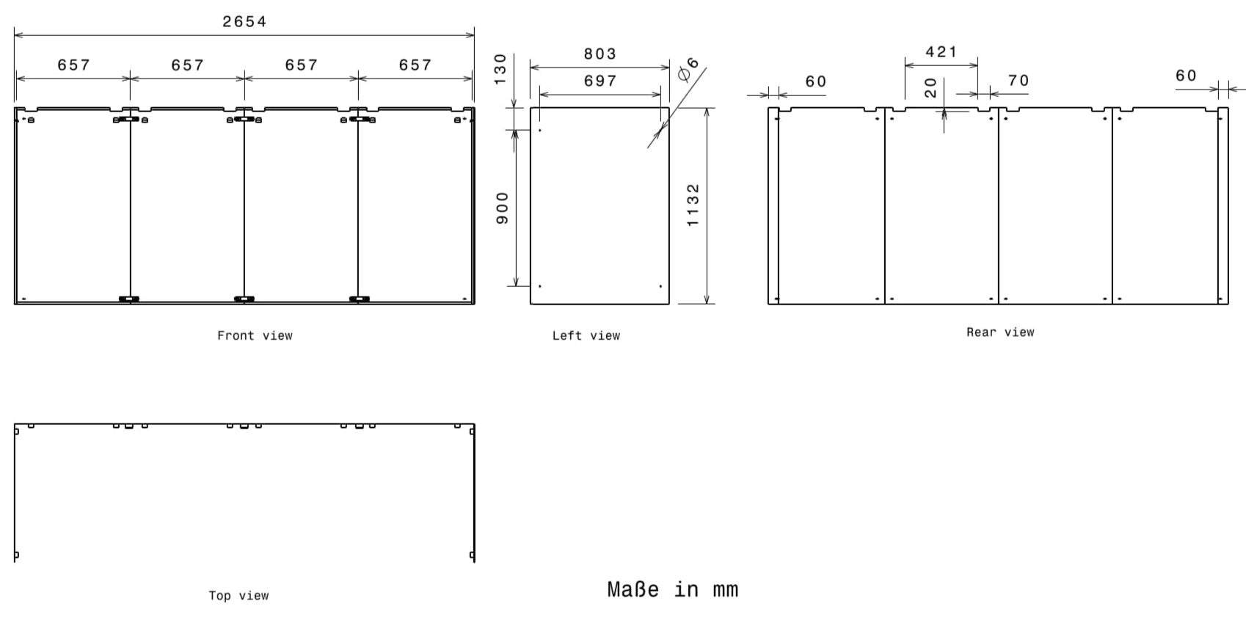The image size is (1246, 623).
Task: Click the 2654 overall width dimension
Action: (x=244, y=22)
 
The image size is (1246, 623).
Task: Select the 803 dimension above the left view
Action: (x=600, y=54)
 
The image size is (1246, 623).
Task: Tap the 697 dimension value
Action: (x=600, y=81)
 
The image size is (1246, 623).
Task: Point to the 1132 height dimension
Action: (x=693, y=205)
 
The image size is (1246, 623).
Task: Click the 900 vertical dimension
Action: (x=502, y=208)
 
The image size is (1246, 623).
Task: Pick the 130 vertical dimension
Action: (x=500, y=69)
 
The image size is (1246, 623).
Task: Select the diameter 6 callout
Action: (x=688, y=69)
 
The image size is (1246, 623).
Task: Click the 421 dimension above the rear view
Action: (x=941, y=51)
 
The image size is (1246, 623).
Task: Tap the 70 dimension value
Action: (x=1019, y=81)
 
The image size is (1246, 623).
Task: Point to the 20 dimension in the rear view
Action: (x=930, y=88)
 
